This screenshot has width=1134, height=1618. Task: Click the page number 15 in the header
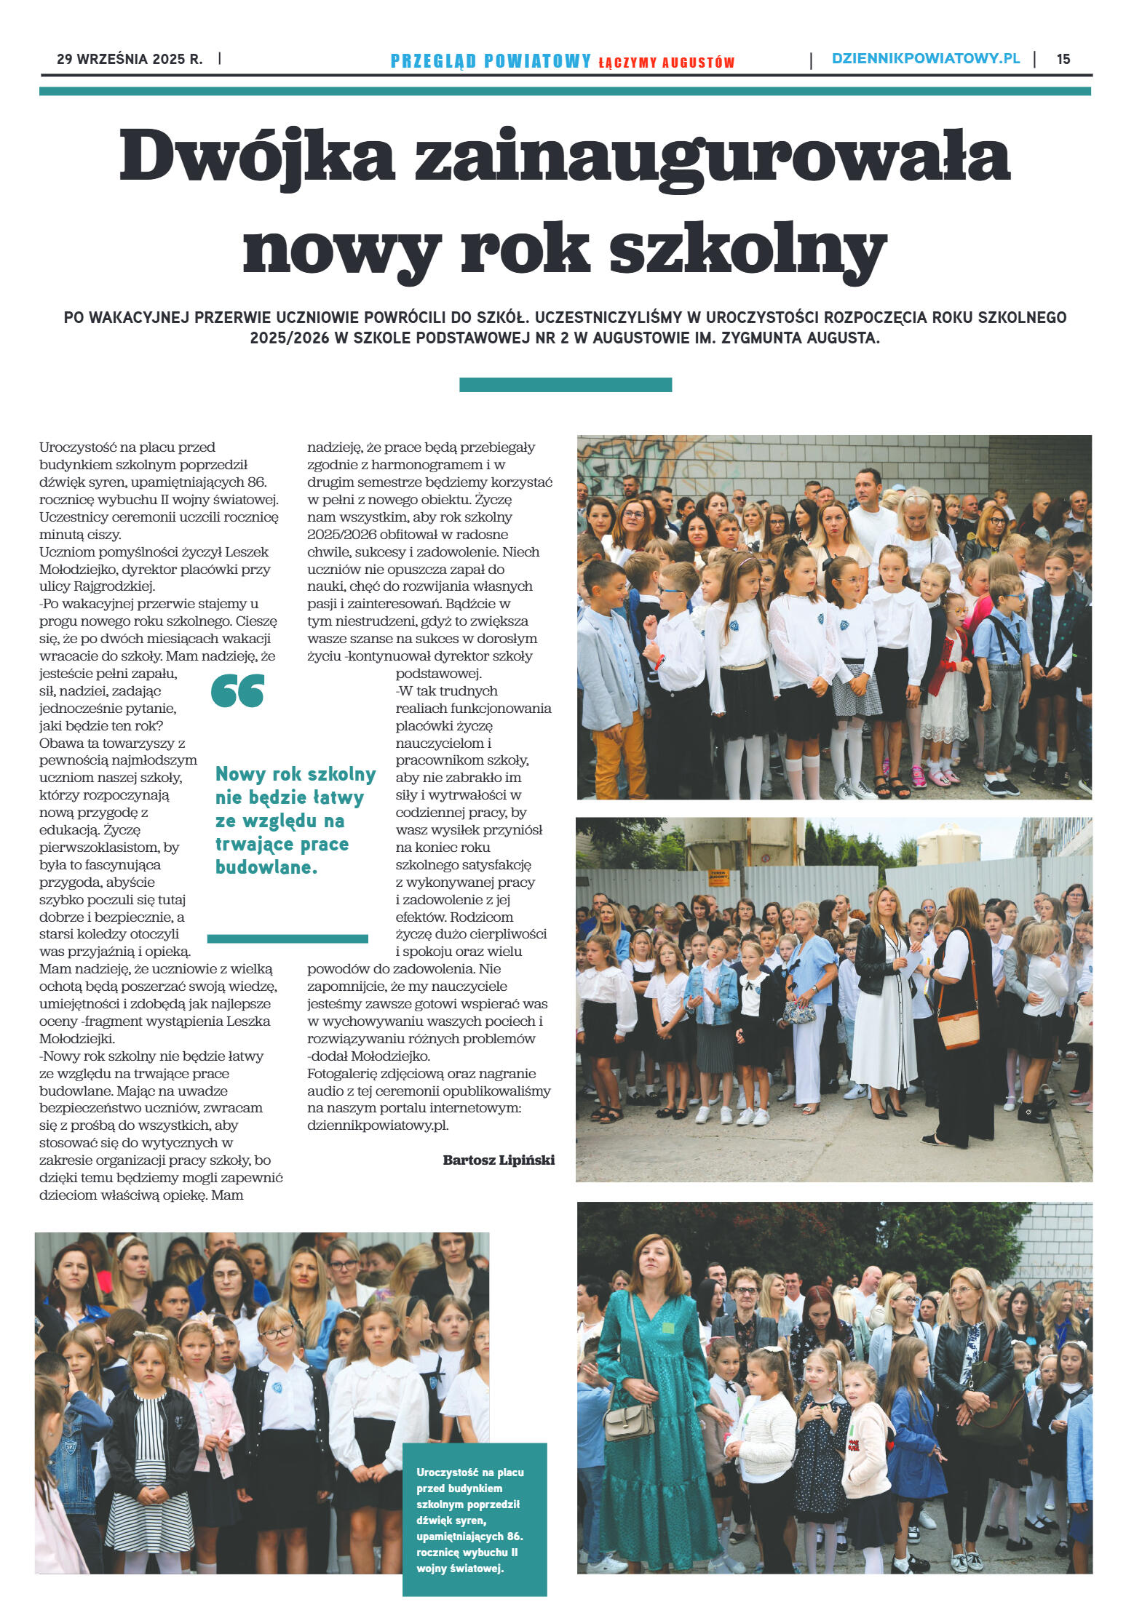(x=1063, y=59)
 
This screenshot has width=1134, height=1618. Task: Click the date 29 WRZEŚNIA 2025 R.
(x=130, y=59)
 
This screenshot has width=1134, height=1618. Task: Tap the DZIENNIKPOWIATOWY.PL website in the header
(x=925, y=58)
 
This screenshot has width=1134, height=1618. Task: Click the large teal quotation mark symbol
(x=237, y=690)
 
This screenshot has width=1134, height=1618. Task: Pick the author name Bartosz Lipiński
(x=498, y=1160)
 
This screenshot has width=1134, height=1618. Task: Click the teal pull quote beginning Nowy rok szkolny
(x=295, y=820)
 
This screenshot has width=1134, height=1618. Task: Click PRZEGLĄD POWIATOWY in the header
(x=491, y=61)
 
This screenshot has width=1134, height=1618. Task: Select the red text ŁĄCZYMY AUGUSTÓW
(x=666, y=63)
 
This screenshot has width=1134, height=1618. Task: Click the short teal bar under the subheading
(x=565, y=385)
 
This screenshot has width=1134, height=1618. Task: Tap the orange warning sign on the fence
(x=718, y=877)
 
